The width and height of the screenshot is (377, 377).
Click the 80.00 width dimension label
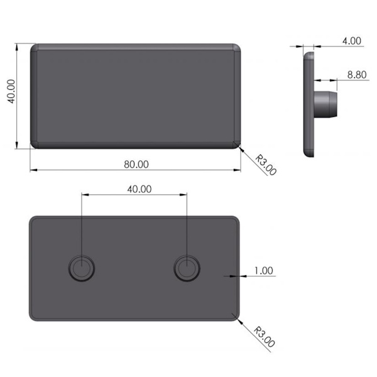(136, 164)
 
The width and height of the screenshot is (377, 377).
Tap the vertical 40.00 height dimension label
(11, 92)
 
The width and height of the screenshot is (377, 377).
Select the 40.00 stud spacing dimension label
(139, 189)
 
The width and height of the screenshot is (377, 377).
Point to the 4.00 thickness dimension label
(352, 41)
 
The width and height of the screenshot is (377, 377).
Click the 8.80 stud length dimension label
(357, 75)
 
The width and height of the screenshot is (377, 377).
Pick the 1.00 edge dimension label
(264, 271)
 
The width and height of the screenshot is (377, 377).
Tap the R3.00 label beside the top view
(266, 165)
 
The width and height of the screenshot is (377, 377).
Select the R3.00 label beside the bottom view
(265, 337)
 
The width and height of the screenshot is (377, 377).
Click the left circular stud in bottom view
(82, 268)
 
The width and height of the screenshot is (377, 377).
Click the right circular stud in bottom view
(187, 268)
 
